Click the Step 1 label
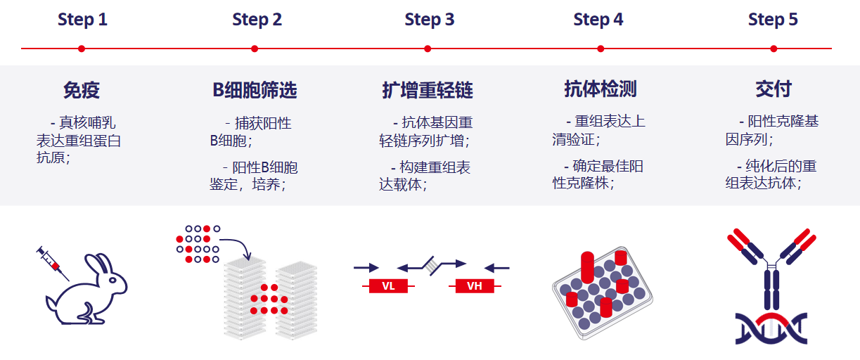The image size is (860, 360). coord(82,20)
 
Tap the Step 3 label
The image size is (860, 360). coord(429,20)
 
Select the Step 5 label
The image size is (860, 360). coord(773,20)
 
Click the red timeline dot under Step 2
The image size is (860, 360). coord(255,49)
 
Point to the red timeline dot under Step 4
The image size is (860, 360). coord(601,49)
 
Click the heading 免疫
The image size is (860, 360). coord(82,90)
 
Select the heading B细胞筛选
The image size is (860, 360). coord(255,90)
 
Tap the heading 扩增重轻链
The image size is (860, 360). coord(428,90)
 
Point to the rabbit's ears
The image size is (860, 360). coord(103,264)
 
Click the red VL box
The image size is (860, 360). coord(388,286)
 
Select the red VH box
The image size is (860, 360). coord(474,286)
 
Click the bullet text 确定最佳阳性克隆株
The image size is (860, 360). coord(598,175)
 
